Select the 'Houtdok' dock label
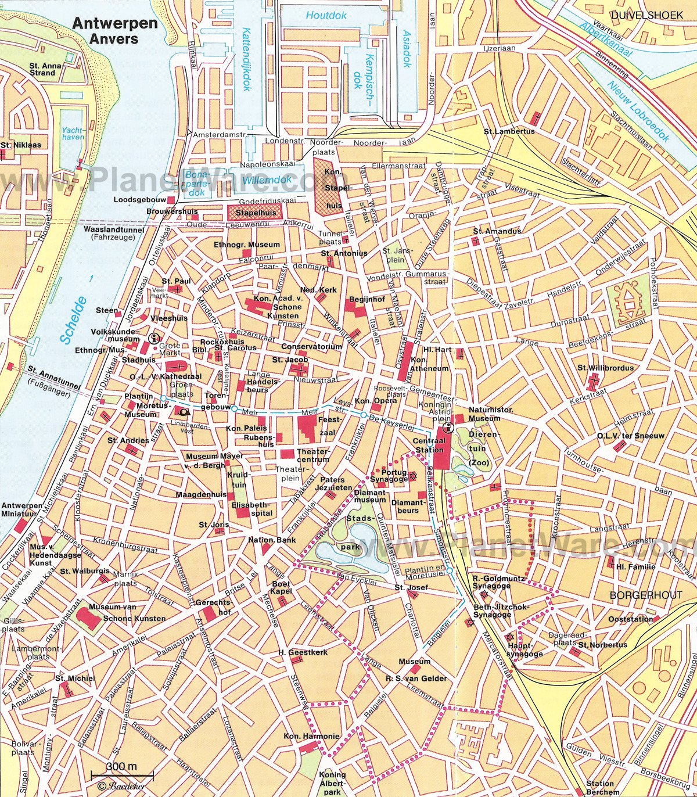point(327,16)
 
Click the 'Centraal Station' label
point(428,446)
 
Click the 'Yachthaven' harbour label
point(73,134)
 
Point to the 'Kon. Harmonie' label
point(311,736)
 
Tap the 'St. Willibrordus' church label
point(605,368)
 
